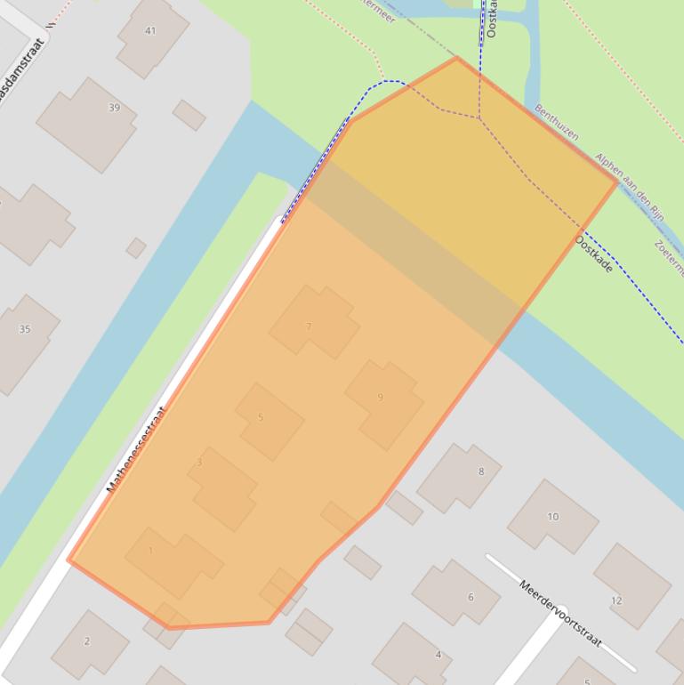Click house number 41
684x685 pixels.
coord(150,31)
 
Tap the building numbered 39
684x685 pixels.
coord(114,108)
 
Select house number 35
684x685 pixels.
coord(25,329)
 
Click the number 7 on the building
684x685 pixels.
coord(309,326)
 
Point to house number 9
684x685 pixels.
coord(380,397)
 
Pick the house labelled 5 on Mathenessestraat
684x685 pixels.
coord(261,417)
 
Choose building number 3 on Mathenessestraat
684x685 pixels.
coord(199,463)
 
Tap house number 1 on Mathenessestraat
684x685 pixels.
coord(150,551)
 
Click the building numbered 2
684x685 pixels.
coord(87,641)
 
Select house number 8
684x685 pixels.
coord(481,471)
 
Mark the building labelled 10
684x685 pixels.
coord(553,516)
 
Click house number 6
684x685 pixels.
coord(471,597)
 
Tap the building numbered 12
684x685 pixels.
coord(616,600)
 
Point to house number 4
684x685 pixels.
coord(438,655)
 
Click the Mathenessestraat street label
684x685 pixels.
coord(136,449)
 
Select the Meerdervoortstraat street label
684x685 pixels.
coord(560,614)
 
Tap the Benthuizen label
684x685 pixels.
coord(557,123)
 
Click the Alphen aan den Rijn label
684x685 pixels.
coord(630,187)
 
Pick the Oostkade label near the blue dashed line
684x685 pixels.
coord(593,253)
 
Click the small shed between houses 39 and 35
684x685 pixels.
coord(136,247)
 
